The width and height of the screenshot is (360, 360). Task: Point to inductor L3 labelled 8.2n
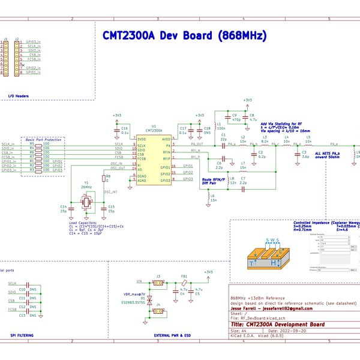pyautogui.click(x=264, y=145)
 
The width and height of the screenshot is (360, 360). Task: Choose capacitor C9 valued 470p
pyautogui.click(x=227, y=119)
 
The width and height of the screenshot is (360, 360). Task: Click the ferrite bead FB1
pyautogui.click(x=185, y=283)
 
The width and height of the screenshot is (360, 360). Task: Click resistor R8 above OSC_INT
pyautogui.click(x=105, y=178)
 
